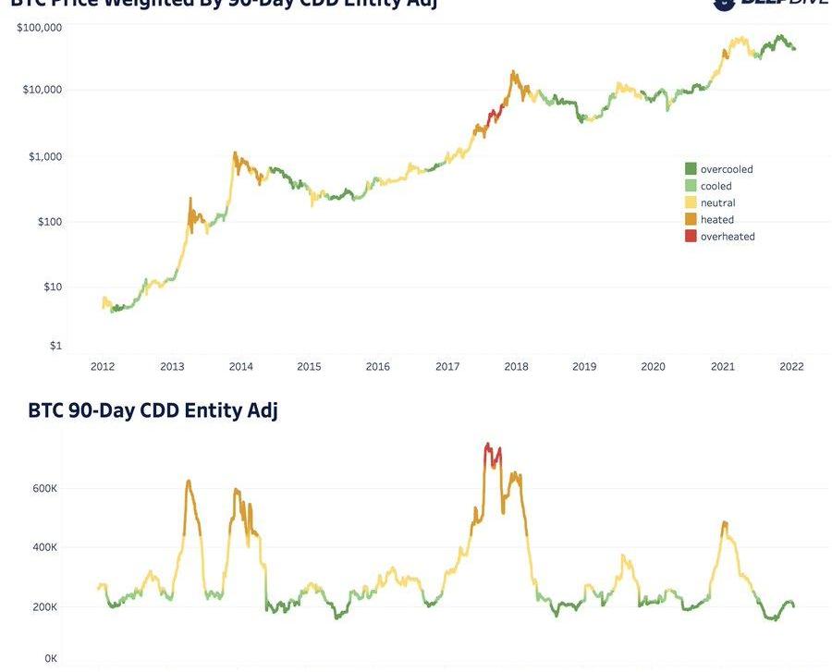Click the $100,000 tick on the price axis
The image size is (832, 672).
coord(39,28)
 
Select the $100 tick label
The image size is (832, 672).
coord(47,222)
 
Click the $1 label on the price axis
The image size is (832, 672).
coord(55,346)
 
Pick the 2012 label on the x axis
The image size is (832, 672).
coord(103,367)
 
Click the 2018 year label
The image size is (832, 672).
coord(516,367)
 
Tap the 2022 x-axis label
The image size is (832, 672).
coord(791,367)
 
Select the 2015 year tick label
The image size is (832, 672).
coord(309,367)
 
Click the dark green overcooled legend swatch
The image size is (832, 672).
coord(691,169)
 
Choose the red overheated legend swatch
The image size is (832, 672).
coord(691,237)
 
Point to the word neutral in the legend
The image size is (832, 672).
coord(718,203)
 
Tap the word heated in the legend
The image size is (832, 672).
coord(717,220)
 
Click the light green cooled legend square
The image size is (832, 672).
coord(691,186)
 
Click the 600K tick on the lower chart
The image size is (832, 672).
coord(43,489)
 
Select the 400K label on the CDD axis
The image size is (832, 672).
coord(43,548)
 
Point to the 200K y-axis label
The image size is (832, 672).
coord(43,607)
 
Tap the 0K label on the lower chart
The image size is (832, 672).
coord(50,659)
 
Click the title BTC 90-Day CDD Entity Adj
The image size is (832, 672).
coord(153,411)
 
